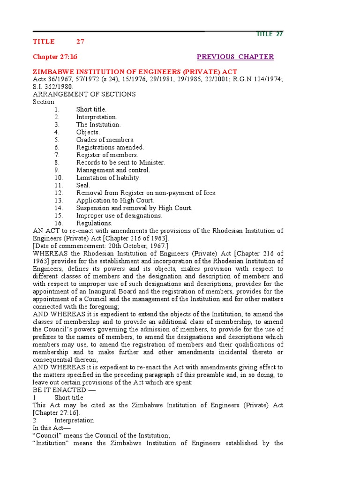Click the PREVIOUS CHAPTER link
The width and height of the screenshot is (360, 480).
click(235, 57)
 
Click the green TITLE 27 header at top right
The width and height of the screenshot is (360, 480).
click(270, 34)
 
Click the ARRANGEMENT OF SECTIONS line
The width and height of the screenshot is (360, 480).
click(84, 94)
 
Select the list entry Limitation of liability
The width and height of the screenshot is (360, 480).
click(108, 178)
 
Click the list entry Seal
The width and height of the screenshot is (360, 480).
click(83, 185)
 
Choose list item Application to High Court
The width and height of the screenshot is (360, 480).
click(115, 201)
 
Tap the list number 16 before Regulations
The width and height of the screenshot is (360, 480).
click(58, 223)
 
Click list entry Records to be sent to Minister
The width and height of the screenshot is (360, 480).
click(120, 163)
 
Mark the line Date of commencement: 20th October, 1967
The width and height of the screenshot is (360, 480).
click(100, 246)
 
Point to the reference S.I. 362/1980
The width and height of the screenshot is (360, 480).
click(53, 87)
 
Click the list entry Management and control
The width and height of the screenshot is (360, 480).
click(113, 170)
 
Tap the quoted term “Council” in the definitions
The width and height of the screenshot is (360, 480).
click(47, 435)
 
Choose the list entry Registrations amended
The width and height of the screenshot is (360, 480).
click(110, 147)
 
